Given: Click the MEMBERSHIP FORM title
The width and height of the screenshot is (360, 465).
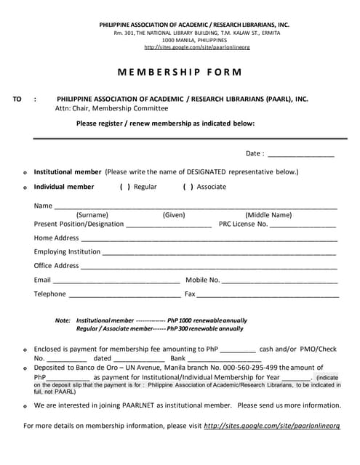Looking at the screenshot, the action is pos(179,73).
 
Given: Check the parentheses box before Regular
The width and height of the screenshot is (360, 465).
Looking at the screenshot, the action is pos(124,187).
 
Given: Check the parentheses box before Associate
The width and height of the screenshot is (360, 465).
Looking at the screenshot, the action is pos(188,187).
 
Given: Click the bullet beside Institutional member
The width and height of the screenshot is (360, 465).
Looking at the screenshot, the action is pos(25,172).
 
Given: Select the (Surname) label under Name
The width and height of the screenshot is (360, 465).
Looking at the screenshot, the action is pos(92,215).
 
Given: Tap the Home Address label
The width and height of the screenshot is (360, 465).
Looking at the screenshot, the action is pos(56,238).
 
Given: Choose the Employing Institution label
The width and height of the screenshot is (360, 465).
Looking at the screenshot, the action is pos(67,252).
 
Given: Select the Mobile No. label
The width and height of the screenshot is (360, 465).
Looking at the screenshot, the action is pos(203,280).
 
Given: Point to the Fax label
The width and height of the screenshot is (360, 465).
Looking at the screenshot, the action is pos(190,294).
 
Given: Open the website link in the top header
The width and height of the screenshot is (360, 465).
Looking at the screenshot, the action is pos(197,48).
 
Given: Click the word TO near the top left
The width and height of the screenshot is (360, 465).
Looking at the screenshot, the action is pos(17,99).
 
